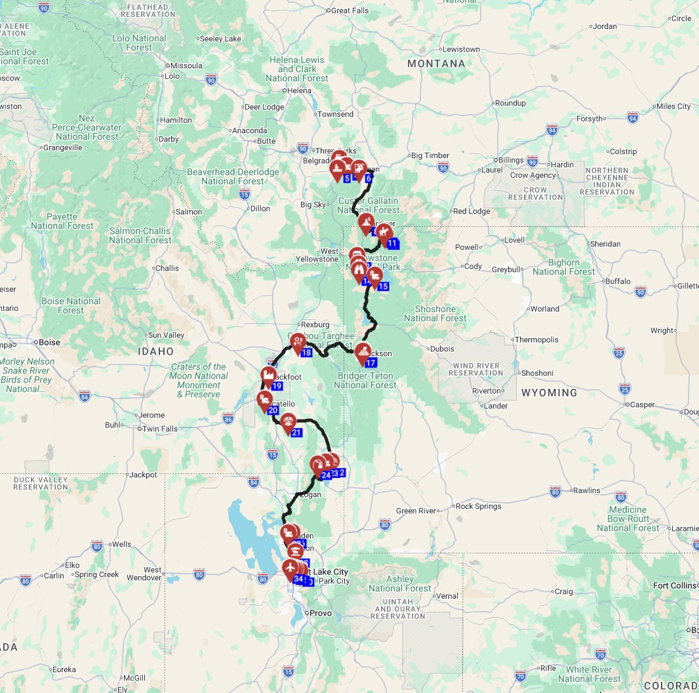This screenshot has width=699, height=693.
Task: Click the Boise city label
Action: point(49,342)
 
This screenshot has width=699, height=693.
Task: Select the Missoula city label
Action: point(186,66)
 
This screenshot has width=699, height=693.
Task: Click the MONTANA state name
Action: point(436,64)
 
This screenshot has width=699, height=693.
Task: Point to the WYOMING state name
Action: point(549,393)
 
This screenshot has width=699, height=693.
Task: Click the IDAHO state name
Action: point(156,351)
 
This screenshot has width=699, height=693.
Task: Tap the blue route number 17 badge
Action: point(370,363)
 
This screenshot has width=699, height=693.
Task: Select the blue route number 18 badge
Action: point(306,353)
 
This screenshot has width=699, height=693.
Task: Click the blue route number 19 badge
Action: point(276,386)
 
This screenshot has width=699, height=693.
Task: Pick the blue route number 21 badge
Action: point(296,432)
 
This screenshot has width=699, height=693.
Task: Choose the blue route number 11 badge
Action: point(392,244)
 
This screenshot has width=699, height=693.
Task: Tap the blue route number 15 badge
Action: point(383,286)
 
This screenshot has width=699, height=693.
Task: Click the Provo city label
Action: point(321,613)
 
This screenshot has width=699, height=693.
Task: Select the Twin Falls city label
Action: point(160,429)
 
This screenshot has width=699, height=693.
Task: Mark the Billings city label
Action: point(511,160)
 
